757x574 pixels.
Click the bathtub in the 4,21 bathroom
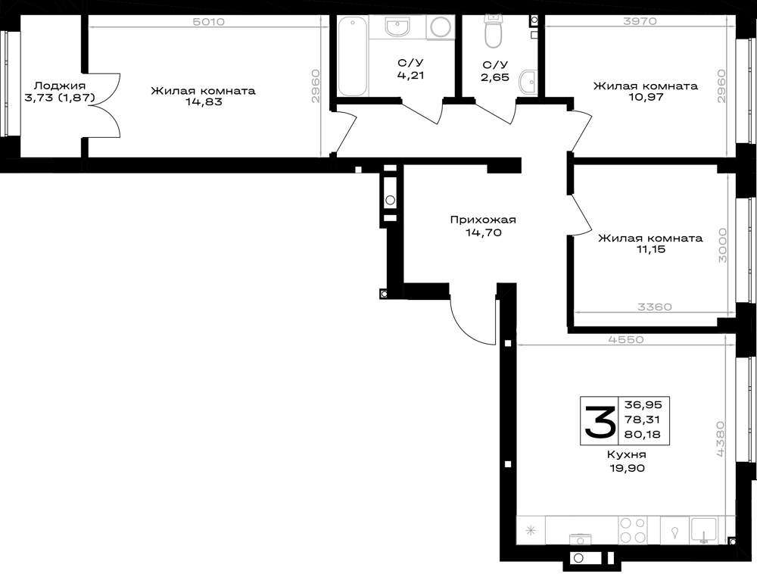tap(353, 56)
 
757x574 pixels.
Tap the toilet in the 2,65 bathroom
tap(494, 30)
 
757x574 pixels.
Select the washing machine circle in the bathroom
tap(441, 27)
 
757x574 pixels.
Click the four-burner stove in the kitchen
tap(633, 530)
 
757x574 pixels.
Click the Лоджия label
tap(60, 86)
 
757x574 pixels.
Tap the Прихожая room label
tap(483, 220)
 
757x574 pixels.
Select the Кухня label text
tap(626, 455)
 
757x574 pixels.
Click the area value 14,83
tap(204, 102)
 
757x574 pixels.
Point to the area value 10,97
tap(645, 97)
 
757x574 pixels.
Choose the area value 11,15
tap(650, 249)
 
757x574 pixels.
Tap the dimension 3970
tap(640, 21)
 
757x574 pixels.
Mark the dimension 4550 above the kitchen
tap(626, 339)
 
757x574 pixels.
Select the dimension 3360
tap(654, 307)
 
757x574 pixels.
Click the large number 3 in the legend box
tap(600, 422)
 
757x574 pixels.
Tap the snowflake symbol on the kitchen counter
tap(531, 531)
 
